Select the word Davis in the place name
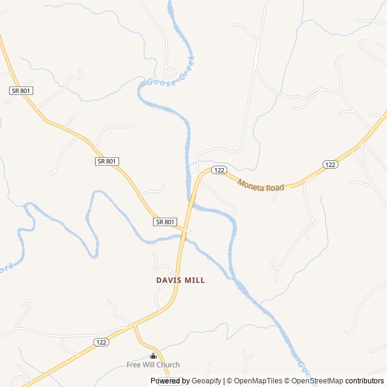(169, 281)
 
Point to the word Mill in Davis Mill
(195, 281)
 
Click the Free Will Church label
(153, 365)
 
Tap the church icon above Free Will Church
(153, 356)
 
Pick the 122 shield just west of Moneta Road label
(219, 171)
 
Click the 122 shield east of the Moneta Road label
(330, 164)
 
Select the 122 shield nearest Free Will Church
(101, 342)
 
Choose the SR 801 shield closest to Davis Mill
(165, 222)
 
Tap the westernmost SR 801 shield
(21, 91)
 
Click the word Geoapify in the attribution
(207, 381)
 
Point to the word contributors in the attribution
(365, 381)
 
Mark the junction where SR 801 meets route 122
(185, 230)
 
